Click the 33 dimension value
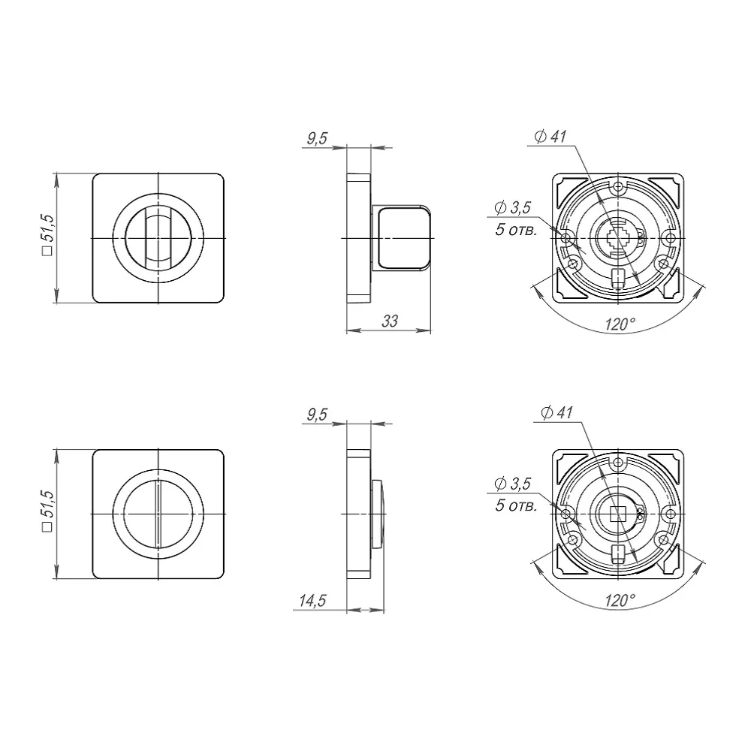point(389,321)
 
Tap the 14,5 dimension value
point(312,601)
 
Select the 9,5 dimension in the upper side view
point(317,138)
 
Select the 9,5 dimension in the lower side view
point(317,415)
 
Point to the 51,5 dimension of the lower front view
point(48,511)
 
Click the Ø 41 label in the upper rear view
point(550,137)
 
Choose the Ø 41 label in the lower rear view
point(556,412)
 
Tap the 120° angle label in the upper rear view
point(620,324)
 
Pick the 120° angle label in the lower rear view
point(620,600)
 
